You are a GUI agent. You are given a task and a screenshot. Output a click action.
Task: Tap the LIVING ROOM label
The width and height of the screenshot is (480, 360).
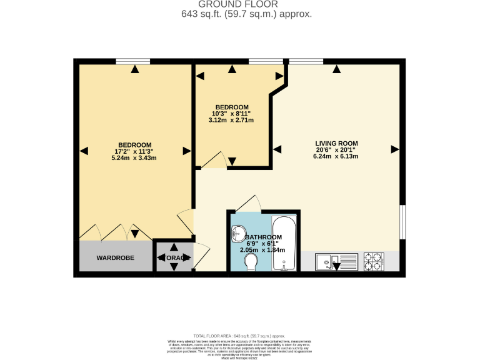click(336, 143)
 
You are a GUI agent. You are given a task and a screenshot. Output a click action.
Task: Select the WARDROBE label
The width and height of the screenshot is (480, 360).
click(115, 257)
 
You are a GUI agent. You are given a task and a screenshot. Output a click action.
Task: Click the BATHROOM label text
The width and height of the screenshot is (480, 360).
click(263, 237)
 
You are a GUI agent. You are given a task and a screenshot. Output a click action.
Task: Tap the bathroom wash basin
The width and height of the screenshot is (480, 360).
click(239, 234)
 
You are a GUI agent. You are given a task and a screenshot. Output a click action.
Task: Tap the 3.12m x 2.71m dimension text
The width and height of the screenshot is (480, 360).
click(232, 120)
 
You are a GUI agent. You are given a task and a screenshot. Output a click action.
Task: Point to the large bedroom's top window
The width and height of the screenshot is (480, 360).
click(132, 61)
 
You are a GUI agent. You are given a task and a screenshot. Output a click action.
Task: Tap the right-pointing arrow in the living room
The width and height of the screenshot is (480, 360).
click(394, 149)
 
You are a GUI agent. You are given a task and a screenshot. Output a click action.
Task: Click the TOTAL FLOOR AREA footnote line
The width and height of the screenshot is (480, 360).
click(240, 336)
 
